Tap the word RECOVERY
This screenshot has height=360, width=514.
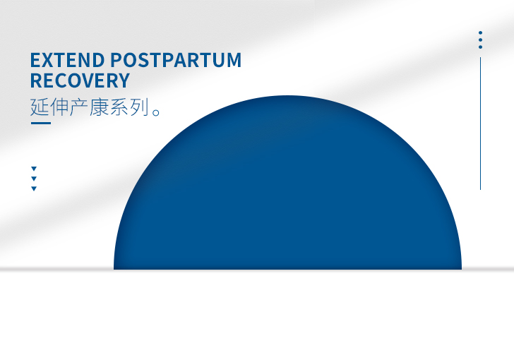click(x=80, y=80)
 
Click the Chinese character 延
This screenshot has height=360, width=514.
click(x=40, y=107)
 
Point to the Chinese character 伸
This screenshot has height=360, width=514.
click(x=61, y=107)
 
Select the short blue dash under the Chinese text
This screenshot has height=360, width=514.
click(x=40, y=124)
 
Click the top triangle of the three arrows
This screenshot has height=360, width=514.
click(x=34, y=169)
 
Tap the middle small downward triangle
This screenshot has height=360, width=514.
click(x=34, y=179)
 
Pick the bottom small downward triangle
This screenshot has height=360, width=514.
click(x=34, y=188)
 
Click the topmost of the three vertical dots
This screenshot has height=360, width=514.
click(x=480, y=32)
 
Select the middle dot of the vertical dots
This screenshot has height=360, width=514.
click(x=480, y=40)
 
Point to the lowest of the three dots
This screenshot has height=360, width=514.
click(x=480, y=47)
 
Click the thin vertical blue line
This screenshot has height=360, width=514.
click(x=480, y=124)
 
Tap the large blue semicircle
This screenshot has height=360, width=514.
click(x=287, y=198)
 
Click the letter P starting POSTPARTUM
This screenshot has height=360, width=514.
click(x=118, y=60)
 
